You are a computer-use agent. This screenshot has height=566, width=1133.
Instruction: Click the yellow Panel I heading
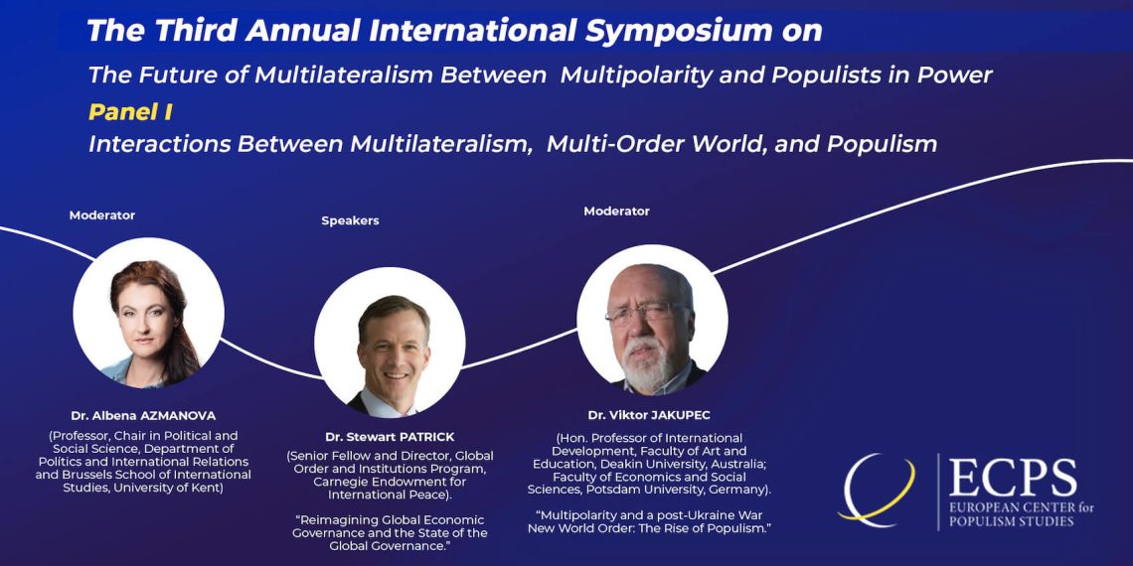click(x=130, y=112)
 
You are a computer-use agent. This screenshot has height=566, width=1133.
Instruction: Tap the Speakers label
click(x=351, y=220)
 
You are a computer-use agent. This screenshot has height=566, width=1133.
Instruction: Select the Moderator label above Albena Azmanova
click(x=102, y=215)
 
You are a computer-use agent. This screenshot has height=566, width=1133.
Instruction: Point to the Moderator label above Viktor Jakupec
click(x=616, y=212)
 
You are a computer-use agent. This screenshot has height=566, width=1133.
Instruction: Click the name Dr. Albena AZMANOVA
click(x=143, y=416)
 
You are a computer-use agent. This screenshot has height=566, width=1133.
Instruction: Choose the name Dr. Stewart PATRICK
click(x=390, y=438)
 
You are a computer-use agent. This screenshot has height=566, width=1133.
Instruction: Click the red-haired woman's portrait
click(x=149, y=314)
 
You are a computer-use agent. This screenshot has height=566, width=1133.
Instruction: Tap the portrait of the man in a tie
click(x=391, y=343)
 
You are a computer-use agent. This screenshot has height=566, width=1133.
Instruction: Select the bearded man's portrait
click(x=653, y=320)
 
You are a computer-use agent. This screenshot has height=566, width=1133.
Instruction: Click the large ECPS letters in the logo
click(x=1013, y=479)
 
